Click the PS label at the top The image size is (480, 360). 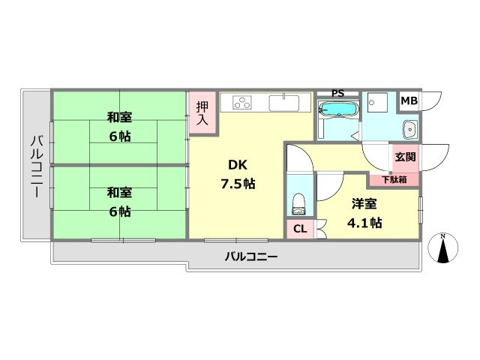click(337, 94)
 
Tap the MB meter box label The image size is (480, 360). click(409, 100)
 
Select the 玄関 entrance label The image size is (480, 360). click(405, 157)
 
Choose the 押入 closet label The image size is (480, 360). click(202, 113)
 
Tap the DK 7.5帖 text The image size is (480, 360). click(237, 174)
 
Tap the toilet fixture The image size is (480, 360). click(299, 200)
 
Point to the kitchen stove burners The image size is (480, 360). click(244, 102)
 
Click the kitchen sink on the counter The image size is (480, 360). click(285, 103)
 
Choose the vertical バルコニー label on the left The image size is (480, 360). click(35, 165)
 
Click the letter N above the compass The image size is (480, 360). click(442, 237)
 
